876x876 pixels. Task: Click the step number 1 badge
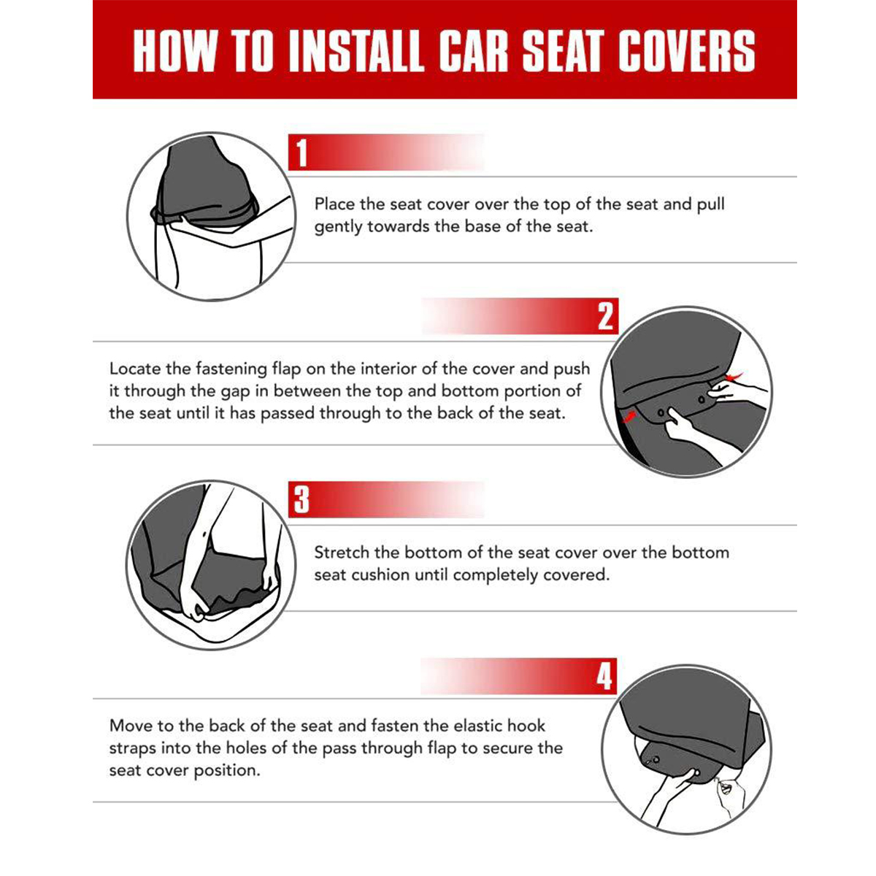click(302, 153)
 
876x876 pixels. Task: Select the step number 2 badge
click(605, 317)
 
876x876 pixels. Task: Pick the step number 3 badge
click(301, 499)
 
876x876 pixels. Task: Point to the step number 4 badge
click(604, 676)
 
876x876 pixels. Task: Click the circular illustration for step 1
click(212, 217)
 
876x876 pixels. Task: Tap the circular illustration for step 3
click(212, 565)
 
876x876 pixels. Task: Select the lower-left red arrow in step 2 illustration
click(630, 416)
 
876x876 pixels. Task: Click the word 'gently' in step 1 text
click(338, 227)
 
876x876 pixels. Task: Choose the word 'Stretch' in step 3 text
click(341, 553)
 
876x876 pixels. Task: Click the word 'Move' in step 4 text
click(130, 726)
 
